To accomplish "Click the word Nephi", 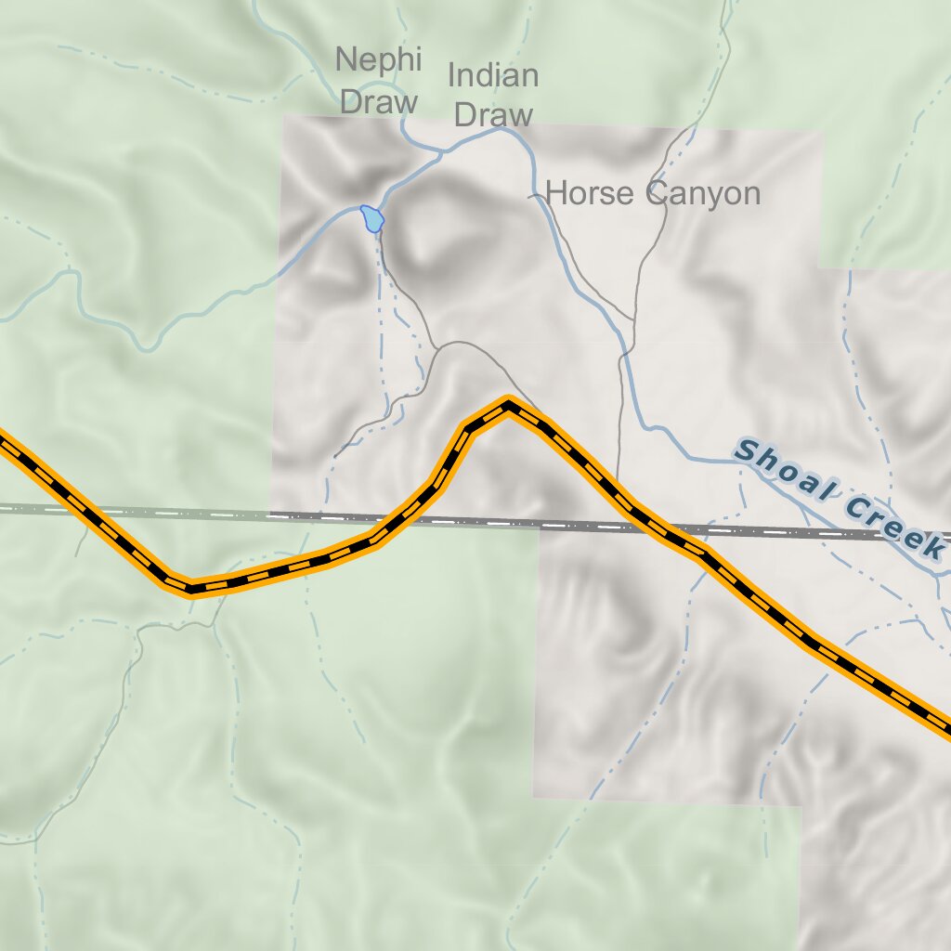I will point(379,60).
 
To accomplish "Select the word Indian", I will point(493,75).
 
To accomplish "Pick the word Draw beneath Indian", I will point(494,115).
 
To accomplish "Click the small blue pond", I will point(372,218).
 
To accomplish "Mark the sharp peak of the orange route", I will point(508,405).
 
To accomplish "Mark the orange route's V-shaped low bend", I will point(190,587).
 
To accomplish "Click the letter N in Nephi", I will point(346,60).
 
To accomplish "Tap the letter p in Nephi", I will point(385,63).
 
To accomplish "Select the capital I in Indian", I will point(452,75).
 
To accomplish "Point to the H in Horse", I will point(557,193).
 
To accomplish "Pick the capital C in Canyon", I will point(658,193).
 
